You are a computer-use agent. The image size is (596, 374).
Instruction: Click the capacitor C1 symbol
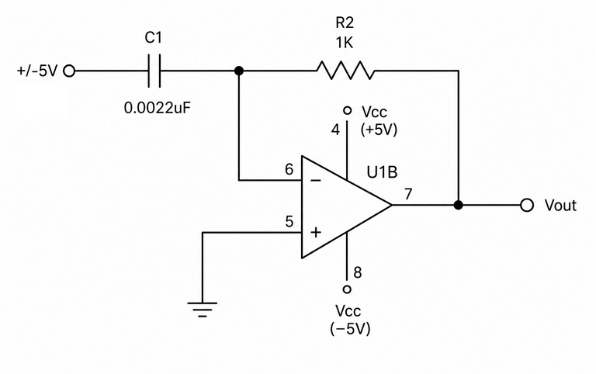pos(154,71)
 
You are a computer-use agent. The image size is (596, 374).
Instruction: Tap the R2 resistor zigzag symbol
pos(345,71)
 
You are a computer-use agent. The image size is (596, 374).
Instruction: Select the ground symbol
pos(203,310)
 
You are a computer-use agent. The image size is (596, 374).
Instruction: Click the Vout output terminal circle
pos(527,206)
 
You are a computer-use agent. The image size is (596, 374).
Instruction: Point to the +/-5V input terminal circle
pos(69,71)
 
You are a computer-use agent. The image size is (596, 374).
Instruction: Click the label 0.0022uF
pos(157,109)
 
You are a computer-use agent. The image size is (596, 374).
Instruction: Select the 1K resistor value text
pos(345,43)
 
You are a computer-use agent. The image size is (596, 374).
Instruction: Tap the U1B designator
pos(382,172)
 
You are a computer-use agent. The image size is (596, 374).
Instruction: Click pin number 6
pos(289,169)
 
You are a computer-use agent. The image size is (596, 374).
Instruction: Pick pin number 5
pos(289,222)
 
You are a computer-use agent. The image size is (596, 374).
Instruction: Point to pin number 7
pos(408,194)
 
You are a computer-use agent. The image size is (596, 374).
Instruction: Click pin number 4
pos(335,130)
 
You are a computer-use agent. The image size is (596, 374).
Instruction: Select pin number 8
pos(357,272)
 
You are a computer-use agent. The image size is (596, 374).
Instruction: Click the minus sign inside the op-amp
pos(316,180)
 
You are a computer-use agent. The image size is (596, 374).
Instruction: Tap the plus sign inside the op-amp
pos(316,232)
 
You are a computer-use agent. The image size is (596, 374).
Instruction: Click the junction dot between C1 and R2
pos(239,71)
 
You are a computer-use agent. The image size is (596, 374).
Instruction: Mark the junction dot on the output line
pos(459,206)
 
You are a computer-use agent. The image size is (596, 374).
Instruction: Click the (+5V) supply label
pos(379,130)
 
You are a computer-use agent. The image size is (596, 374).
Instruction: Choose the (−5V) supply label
pos(350,329)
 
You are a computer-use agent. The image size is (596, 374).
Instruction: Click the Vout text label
pos(560,206)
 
